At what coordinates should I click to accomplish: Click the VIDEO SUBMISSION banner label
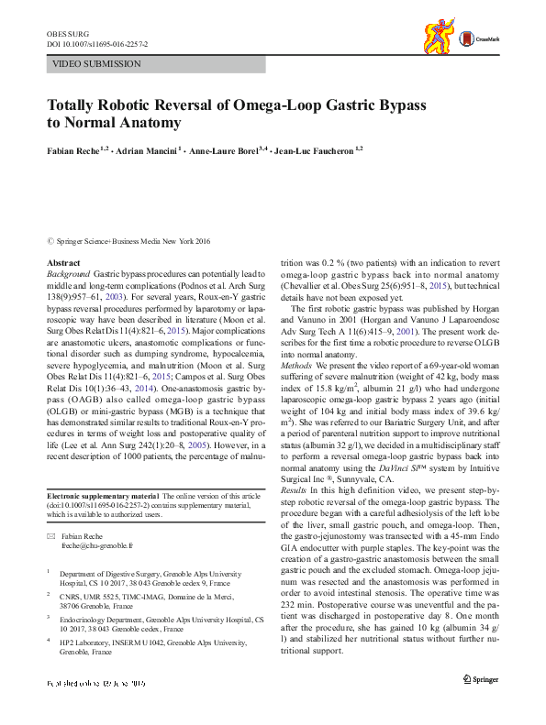tap(97, 64)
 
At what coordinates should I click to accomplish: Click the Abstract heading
tap(63, 263)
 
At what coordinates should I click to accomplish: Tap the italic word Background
tap(68, 274)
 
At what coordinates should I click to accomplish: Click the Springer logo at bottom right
tap(481, 704)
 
